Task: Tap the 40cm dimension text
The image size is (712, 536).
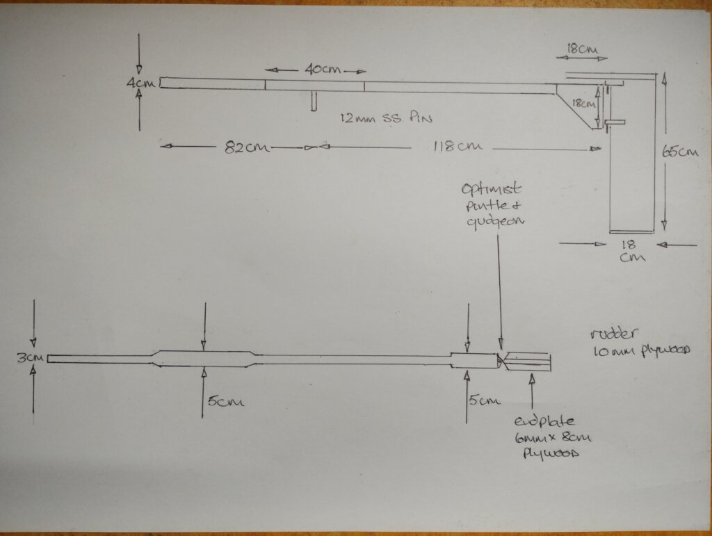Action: [316, 70]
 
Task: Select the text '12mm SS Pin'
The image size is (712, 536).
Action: [387, 117]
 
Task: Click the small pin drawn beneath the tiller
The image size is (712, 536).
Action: [315, 101]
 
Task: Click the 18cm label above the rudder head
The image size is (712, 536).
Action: [581, 49]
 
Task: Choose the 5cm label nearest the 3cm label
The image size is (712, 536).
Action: [225, 402]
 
